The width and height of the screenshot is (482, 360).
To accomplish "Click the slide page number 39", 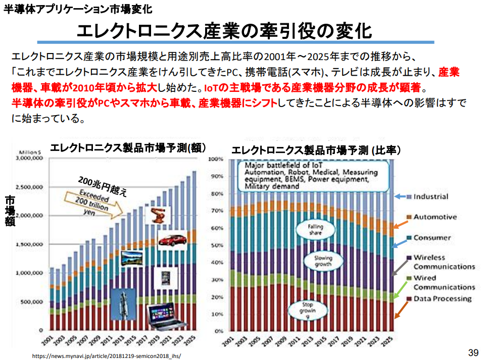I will pyautogui.click(x=473, y=352).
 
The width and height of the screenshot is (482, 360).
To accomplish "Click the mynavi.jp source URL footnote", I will pyautogui.click(x=106, y=355).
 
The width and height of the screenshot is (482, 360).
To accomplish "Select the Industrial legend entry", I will pyautogui.click(x=431, y=196).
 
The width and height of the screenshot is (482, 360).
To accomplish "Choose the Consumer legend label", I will pyautogui.click(x=432, y=237).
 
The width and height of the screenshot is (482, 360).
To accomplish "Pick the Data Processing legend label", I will pyautogui.click(x=442, y=298).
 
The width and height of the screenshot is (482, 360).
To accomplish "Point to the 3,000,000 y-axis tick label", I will pyautogui.click(x=31, y=158).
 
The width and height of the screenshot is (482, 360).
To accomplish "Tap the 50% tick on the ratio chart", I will pyautogui.click(x=216, y=245).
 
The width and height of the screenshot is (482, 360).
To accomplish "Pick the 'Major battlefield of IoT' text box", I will pyautogui.click(x=309, y=175).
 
